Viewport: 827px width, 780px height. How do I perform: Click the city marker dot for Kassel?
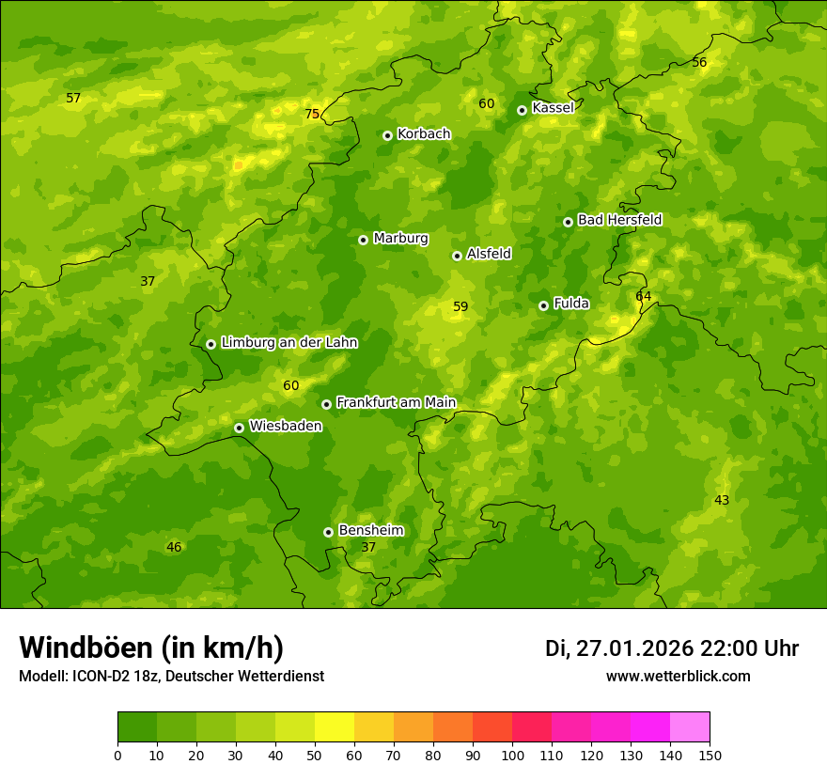tap(522, 110)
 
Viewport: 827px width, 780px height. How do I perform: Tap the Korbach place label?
tap(424, 134)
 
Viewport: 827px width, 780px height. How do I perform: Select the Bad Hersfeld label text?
tap(619, 220)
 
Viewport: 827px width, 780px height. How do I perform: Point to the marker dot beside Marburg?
tap(363, 240)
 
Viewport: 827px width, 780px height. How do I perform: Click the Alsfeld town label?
tap(489, 254)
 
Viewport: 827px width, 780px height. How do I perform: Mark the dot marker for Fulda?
tap(543, 305)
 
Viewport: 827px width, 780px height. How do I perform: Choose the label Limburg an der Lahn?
tap(289, 343)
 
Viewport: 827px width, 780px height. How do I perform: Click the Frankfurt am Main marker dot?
tap(326, 404)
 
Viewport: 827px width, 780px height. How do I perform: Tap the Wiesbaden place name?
tap(285, 426)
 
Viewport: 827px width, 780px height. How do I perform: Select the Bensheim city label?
tap(370, 530)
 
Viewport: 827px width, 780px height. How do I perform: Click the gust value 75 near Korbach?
tap(312, 115)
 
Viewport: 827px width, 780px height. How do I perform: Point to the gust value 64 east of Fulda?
tap(643, 296)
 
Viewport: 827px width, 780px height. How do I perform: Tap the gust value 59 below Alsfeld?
tap(460, 306)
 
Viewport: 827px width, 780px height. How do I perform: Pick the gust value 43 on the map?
tap(722, 500)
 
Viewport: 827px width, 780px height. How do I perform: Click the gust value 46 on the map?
tap(174, 547)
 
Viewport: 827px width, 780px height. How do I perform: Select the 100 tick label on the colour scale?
tap(512, 755)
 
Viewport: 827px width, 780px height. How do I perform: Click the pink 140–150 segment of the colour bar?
tap(690, 726)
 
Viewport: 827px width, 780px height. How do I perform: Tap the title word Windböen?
tap(86, 647)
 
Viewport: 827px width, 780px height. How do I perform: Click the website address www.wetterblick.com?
tap(678, 676)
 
